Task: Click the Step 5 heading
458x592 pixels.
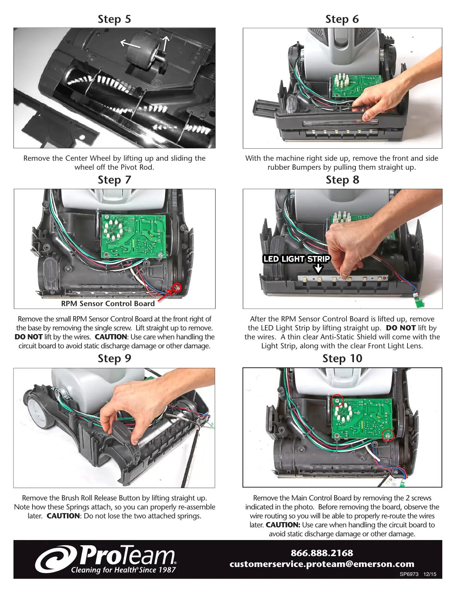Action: pos(114,19)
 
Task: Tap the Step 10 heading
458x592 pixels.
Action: pos(342,358)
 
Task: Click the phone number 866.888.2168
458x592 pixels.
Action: pos(322,553)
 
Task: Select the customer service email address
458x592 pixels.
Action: pos(322,564)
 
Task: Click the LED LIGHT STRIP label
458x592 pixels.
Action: pos(296,259)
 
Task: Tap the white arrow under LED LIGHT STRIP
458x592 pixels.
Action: pos(318,269)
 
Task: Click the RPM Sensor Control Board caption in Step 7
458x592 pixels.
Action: pos(108,303)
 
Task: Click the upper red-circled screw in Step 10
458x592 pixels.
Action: pos(338,401)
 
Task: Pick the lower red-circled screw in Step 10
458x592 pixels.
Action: pos(388,435)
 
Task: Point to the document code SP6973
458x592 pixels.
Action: pos(409,574)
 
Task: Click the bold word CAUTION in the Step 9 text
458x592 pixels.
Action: pos(63,516)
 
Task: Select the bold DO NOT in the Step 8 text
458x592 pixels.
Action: pos(401,328)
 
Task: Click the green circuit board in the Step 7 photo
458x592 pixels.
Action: pos(134,236)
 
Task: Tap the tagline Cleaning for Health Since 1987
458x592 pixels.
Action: pos(123,570)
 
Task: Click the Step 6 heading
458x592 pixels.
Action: pos(342,19)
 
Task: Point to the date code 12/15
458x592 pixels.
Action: pos(430,574)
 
